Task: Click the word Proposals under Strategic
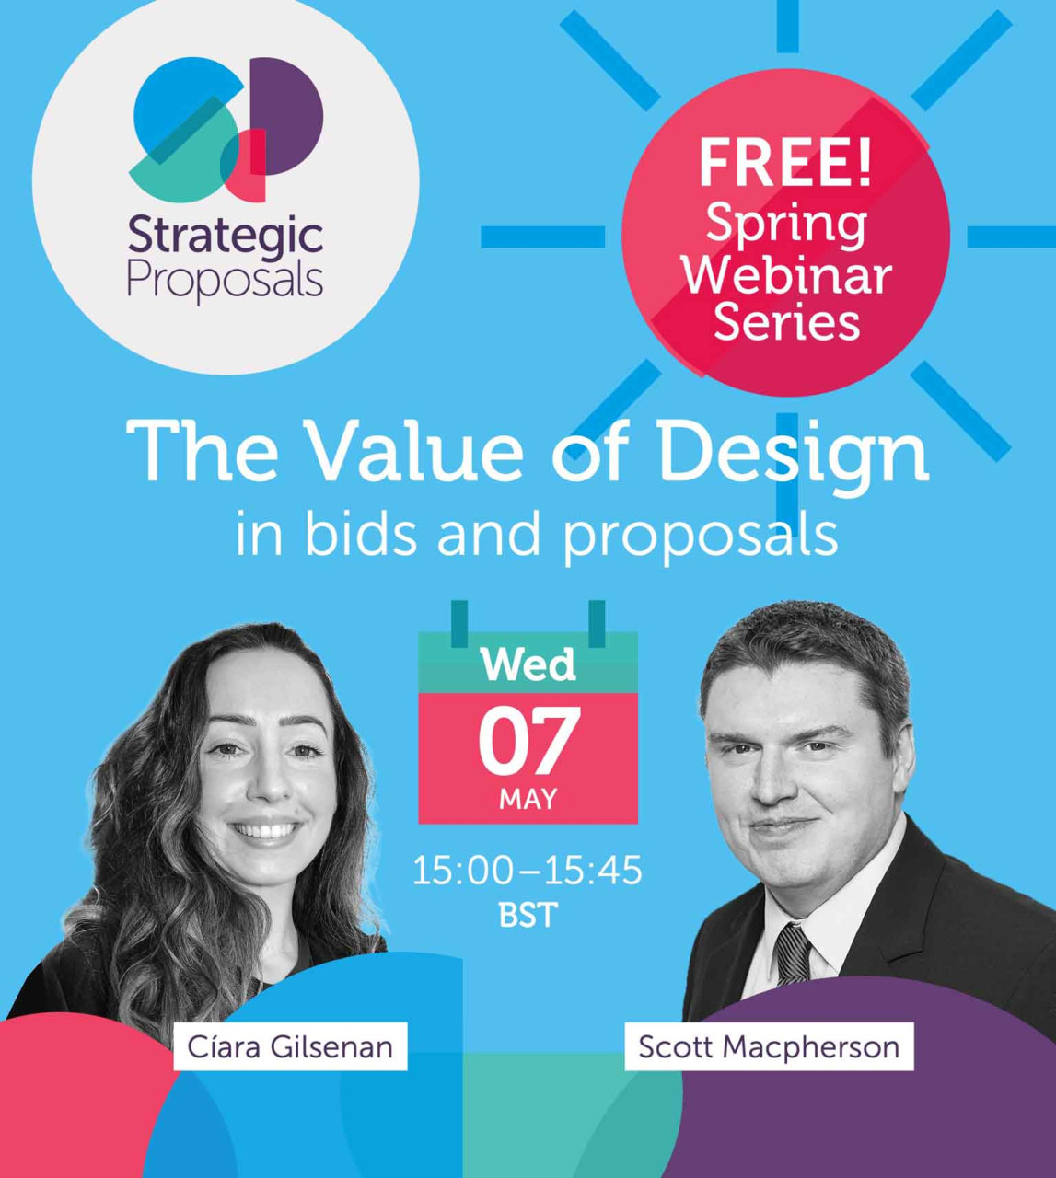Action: [x=226, y=283]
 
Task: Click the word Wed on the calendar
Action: [x=528, y=664]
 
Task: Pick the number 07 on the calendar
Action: [x=528, y=743]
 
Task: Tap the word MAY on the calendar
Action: [x=528, y=800]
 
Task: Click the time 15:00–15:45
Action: [x=528, y=871]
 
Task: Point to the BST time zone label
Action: [x=528, y=914]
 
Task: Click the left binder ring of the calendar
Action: [x=459, y=624]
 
